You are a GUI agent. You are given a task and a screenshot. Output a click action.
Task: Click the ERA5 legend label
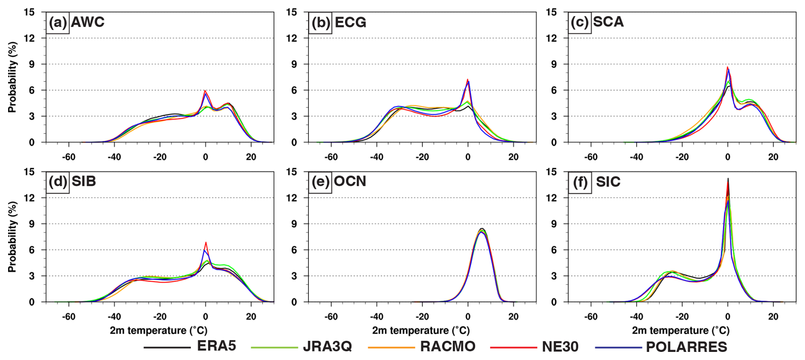pyautogui.click(x=216, y=346)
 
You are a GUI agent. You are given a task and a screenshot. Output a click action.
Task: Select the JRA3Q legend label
pyautogui.click(x=327, y=346)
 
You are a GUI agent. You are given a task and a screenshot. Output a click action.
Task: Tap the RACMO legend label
pyautogui.click(x=448, y=346)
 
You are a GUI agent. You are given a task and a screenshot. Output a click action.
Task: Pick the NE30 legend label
pyautogui.click(x=560, y=347)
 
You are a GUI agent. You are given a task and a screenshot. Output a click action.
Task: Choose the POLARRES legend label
pyautogui.click(x=686, y=347)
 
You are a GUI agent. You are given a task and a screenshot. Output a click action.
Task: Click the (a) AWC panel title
pyautogui.click(x=77, y=22)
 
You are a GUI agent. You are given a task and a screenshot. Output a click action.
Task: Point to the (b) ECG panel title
pyautogui.click(x=339, y=22)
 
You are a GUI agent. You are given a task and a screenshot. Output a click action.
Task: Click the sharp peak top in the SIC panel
pyautogui.click(x=728, y=179)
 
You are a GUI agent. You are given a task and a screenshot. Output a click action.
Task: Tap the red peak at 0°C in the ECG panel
pyautogui.click(x=468, y=80)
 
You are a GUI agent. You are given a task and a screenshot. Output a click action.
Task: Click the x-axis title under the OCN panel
pyautogui.click(x=421, y=331)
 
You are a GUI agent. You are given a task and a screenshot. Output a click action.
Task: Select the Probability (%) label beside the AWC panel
pyautogui.click(x=12, y=77)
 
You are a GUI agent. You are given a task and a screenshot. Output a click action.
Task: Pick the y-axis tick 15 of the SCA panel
pyautogui.click(x=551, y=12)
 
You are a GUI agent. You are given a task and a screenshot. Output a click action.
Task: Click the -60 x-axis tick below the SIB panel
pyautogui.click(x=69, y=317)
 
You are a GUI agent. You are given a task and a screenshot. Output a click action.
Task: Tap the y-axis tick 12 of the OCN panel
pyautogui.click(x=291, y=198)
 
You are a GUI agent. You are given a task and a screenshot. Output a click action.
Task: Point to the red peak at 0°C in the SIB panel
pyautogui.click(x=206, y=243)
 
